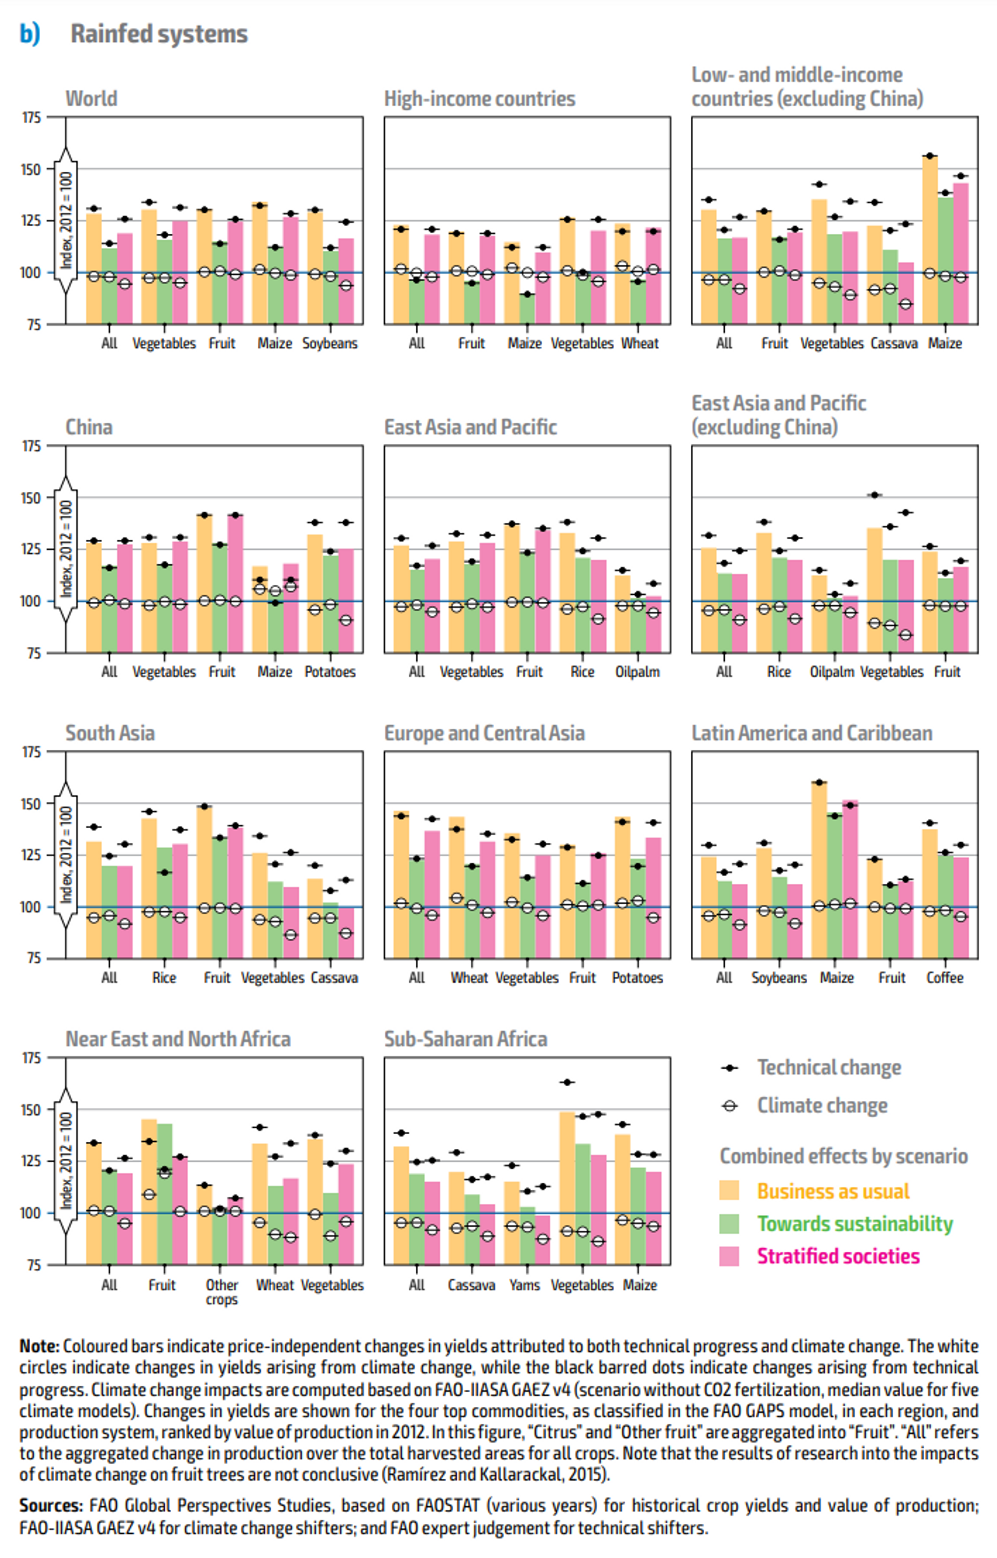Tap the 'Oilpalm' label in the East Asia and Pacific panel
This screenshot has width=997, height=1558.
[637, 672]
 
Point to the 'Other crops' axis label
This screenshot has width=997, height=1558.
[221, 1292]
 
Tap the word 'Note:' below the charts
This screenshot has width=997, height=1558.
[39, 1346]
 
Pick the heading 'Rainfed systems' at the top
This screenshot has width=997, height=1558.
[159, 34]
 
